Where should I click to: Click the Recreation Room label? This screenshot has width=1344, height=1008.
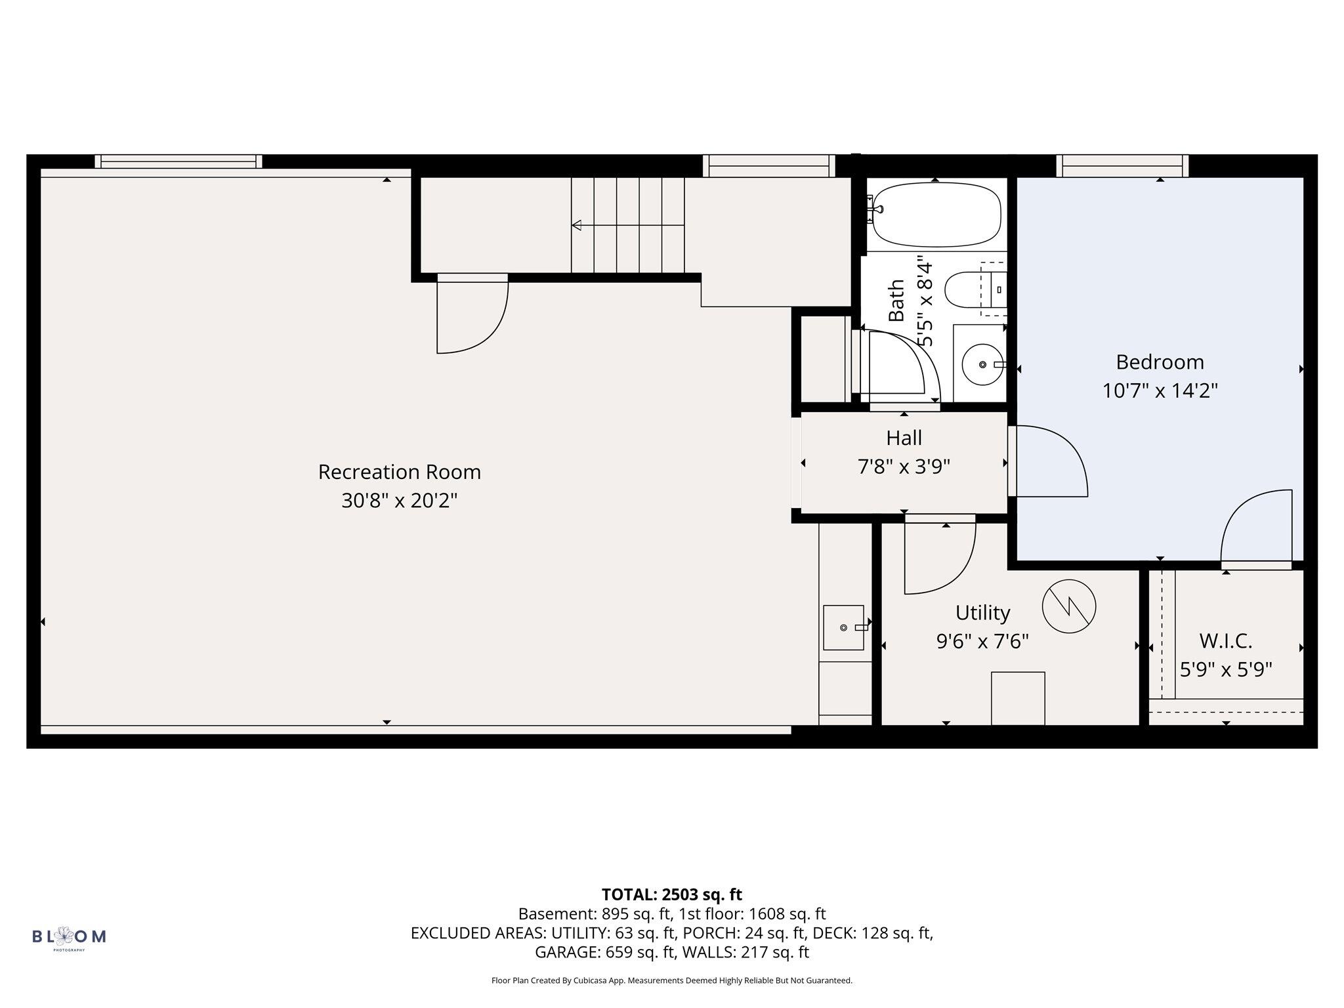tap(399, 472)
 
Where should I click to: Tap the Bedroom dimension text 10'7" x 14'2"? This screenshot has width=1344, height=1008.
tap(1160, 391)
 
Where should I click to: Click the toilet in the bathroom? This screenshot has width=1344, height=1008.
tap(976, 289)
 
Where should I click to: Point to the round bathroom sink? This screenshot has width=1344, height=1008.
tap(983, 364)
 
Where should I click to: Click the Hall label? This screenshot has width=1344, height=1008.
tap(904, 438)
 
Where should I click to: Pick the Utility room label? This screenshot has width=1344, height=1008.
tap(982, 613)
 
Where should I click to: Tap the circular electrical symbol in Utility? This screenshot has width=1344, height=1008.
tap(1069, 606)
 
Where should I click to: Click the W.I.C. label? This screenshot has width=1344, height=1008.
tap(1226, 640)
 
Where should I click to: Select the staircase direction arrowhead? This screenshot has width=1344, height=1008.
tap(576, 226)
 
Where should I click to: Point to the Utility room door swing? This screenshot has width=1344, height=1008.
tap(940, 555)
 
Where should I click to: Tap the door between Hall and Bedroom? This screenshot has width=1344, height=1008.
tap(1048, 461)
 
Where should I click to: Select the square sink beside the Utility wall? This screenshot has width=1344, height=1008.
tap(844, 627)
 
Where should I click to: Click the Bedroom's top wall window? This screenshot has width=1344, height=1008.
tap(1122, 166)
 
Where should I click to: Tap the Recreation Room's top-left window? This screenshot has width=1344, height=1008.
tap(178, 161)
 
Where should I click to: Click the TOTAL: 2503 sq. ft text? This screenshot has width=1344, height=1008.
tap(671, 894)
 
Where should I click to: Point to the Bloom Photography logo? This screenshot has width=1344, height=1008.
tap(69, 937)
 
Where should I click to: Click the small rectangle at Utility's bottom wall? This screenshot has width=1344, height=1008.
tap(1018, 698)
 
